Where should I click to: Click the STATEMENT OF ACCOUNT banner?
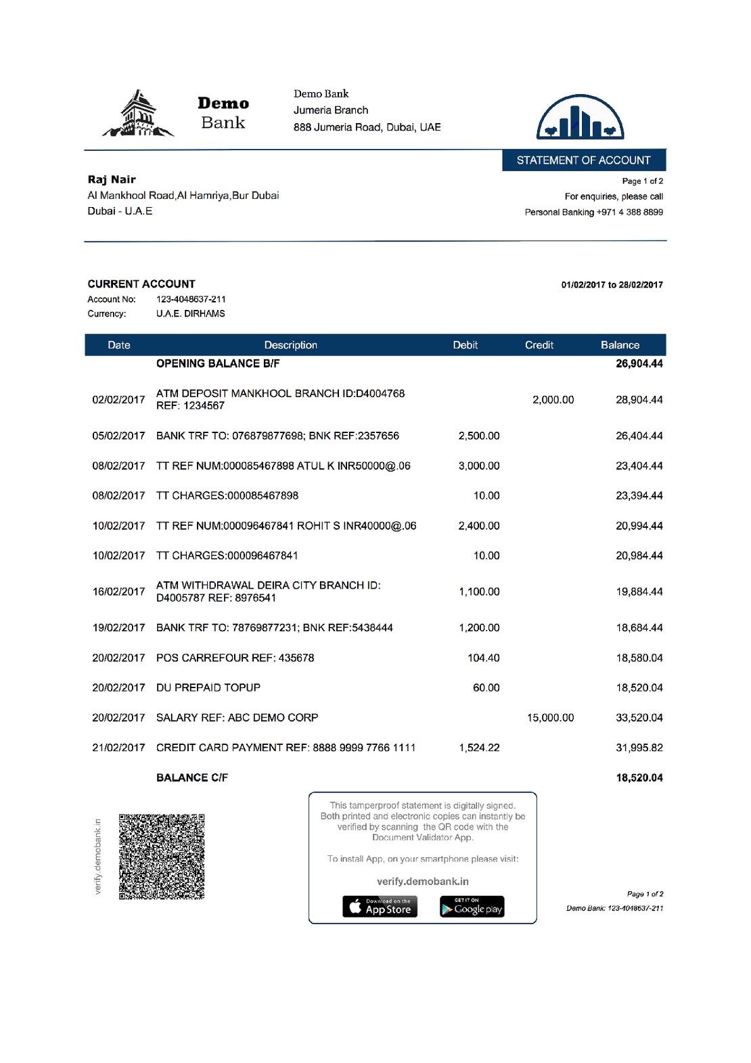tap(583, 160)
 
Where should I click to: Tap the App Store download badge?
tap(380, 907)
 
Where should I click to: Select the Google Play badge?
tap(472, 907)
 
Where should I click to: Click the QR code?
tap(162, 857)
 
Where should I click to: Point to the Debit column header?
tap(465, 345)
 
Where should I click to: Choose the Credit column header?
tap(539, 345)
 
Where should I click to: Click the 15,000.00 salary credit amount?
tap(550, 717)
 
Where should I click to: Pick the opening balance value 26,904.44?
tap(639, 363)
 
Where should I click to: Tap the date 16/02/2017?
tap(118, 591)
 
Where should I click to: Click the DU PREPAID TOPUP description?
tap(208, 687)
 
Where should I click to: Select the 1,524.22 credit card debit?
tap(479, 748)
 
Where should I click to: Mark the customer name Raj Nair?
tap(112, 179)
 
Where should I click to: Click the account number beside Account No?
tap(191, 299)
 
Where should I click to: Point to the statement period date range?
tap(612, 285)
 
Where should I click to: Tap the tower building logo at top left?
tap(138, 114)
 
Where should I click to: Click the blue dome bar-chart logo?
tap(580, 118)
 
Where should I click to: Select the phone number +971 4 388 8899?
tap(629, 212)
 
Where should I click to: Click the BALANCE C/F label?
tap(192, 777)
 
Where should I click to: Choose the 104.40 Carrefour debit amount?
tap(483, 658)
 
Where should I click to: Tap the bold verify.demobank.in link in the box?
tap(422, 882)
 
